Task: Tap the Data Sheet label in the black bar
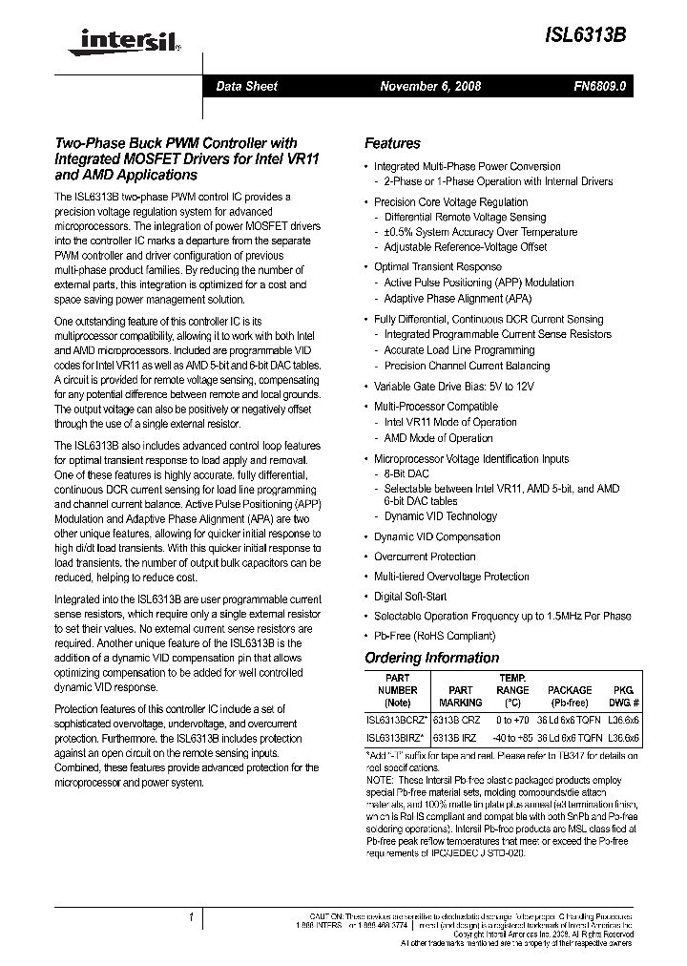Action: (246, 86)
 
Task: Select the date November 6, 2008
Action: (430, 86)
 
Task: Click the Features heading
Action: (392, 143)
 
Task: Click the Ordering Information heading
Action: (432, 658)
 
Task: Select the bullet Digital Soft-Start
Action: (409, 596)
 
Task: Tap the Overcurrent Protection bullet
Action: (424, 556)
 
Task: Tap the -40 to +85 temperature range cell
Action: (512, 737)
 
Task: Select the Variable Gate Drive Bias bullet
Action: (453, 386)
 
